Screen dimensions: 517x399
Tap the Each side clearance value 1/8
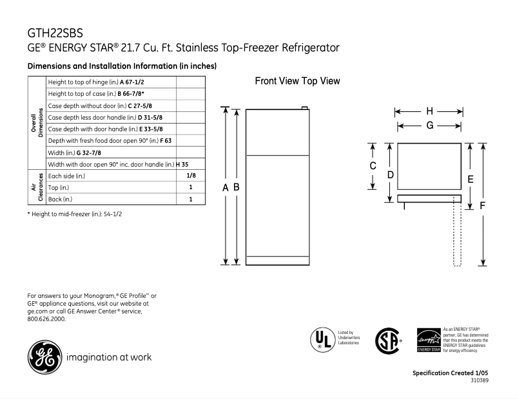tap(191, 176)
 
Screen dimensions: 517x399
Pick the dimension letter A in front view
tap(226, 187)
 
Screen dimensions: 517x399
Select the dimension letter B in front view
tap(237, 187)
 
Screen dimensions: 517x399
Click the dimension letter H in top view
tap(429, 111)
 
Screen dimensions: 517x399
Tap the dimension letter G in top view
tap(429, 125)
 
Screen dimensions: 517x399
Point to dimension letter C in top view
tap(373, 166)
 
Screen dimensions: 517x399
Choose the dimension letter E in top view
tap(471, 179)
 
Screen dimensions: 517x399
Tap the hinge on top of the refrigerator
tap(305, 107)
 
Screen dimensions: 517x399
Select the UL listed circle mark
tap(320, 339)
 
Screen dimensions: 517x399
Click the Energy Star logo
tap(429, 339)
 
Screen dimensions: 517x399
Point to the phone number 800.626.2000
tap(46, 319)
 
